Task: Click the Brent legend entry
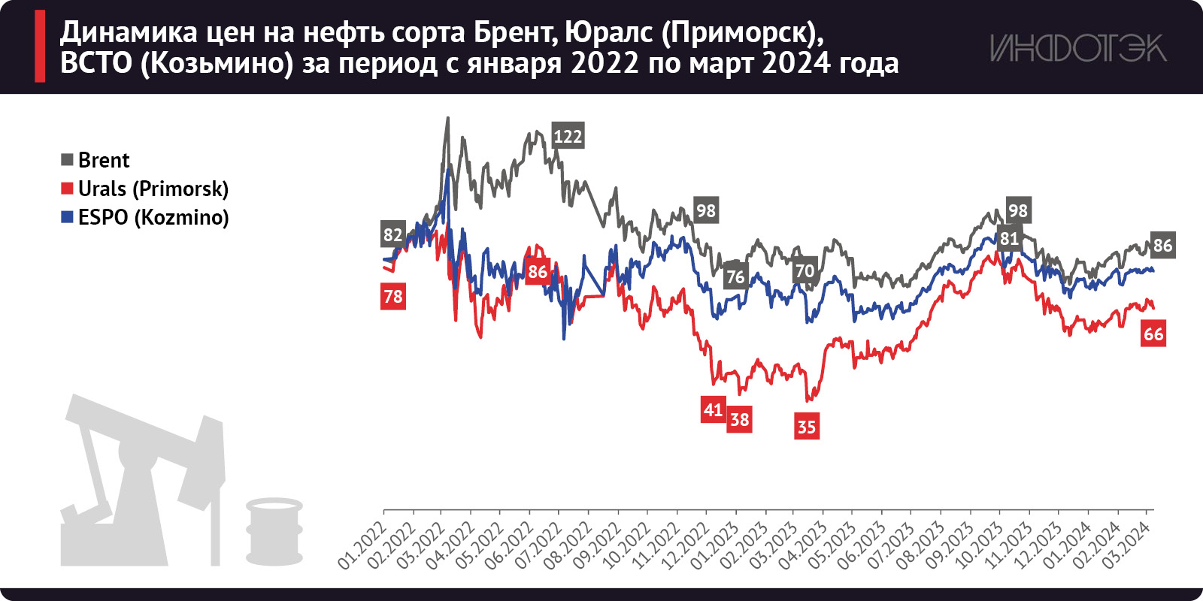[95, 160]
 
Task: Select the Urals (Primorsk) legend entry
[144, 189]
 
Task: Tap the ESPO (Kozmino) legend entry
[144, 217]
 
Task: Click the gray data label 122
[568, 136]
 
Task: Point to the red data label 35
[806, 427]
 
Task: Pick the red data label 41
[713, 409]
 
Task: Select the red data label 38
[740, 419]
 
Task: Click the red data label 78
[393, 296]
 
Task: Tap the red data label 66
[1153, 334]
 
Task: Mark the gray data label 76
[735, 276]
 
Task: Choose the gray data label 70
[805, 270]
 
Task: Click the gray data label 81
[1009, 238]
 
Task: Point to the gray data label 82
[392, 234]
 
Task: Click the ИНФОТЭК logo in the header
[1077, 48]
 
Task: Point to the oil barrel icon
[274, 531]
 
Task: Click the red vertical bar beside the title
[40, 47]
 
